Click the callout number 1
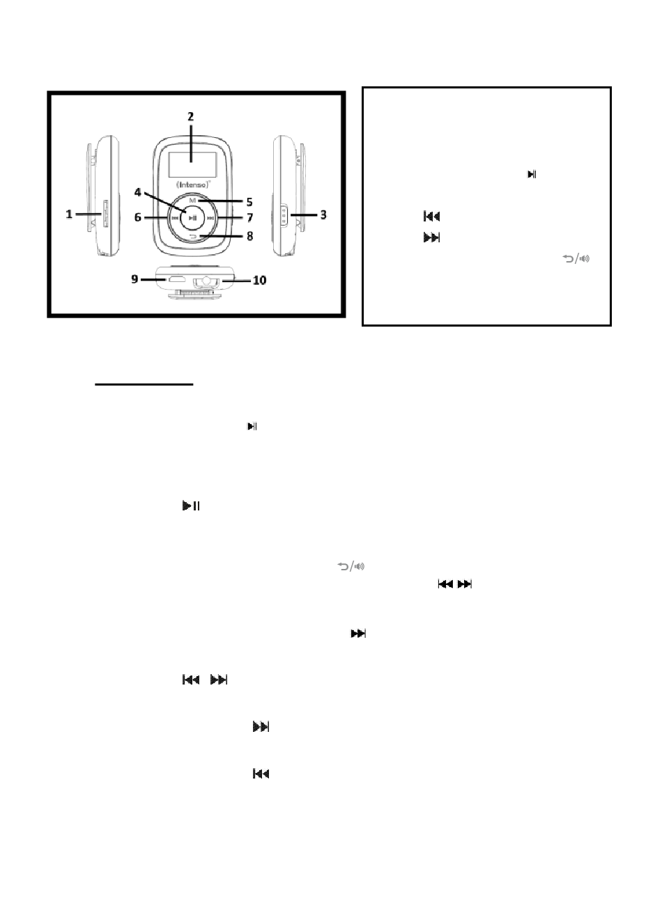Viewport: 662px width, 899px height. [x=69, y=214]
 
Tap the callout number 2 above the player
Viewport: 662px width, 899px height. [x=191, y=116]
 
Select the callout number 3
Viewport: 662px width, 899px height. [x=323, y=214]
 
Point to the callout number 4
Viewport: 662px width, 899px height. [x=138, y=192]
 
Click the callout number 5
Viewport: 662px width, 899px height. [x=249, y=202]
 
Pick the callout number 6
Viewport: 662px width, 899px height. [x=138, y=217]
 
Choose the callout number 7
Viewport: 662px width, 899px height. [x=250, y=217]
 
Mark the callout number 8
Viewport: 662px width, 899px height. [x=250, y=236]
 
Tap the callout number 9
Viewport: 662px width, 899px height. [x=134, y=279]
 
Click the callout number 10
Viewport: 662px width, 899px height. [x=259, y=280]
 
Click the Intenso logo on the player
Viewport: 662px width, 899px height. [x=194, y=185]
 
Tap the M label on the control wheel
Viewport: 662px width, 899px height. [x=193, y=200]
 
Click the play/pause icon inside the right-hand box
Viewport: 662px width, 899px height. [x=532, y=174]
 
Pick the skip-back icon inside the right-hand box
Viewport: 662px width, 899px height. [x=432, y=217]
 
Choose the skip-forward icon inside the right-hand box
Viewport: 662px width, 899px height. [x=432, y=237]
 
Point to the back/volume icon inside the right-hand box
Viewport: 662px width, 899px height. [x=576, y=258]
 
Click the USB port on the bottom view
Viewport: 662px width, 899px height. [x=176, y=279]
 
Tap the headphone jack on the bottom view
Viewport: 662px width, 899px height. [x=206, y=281]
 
